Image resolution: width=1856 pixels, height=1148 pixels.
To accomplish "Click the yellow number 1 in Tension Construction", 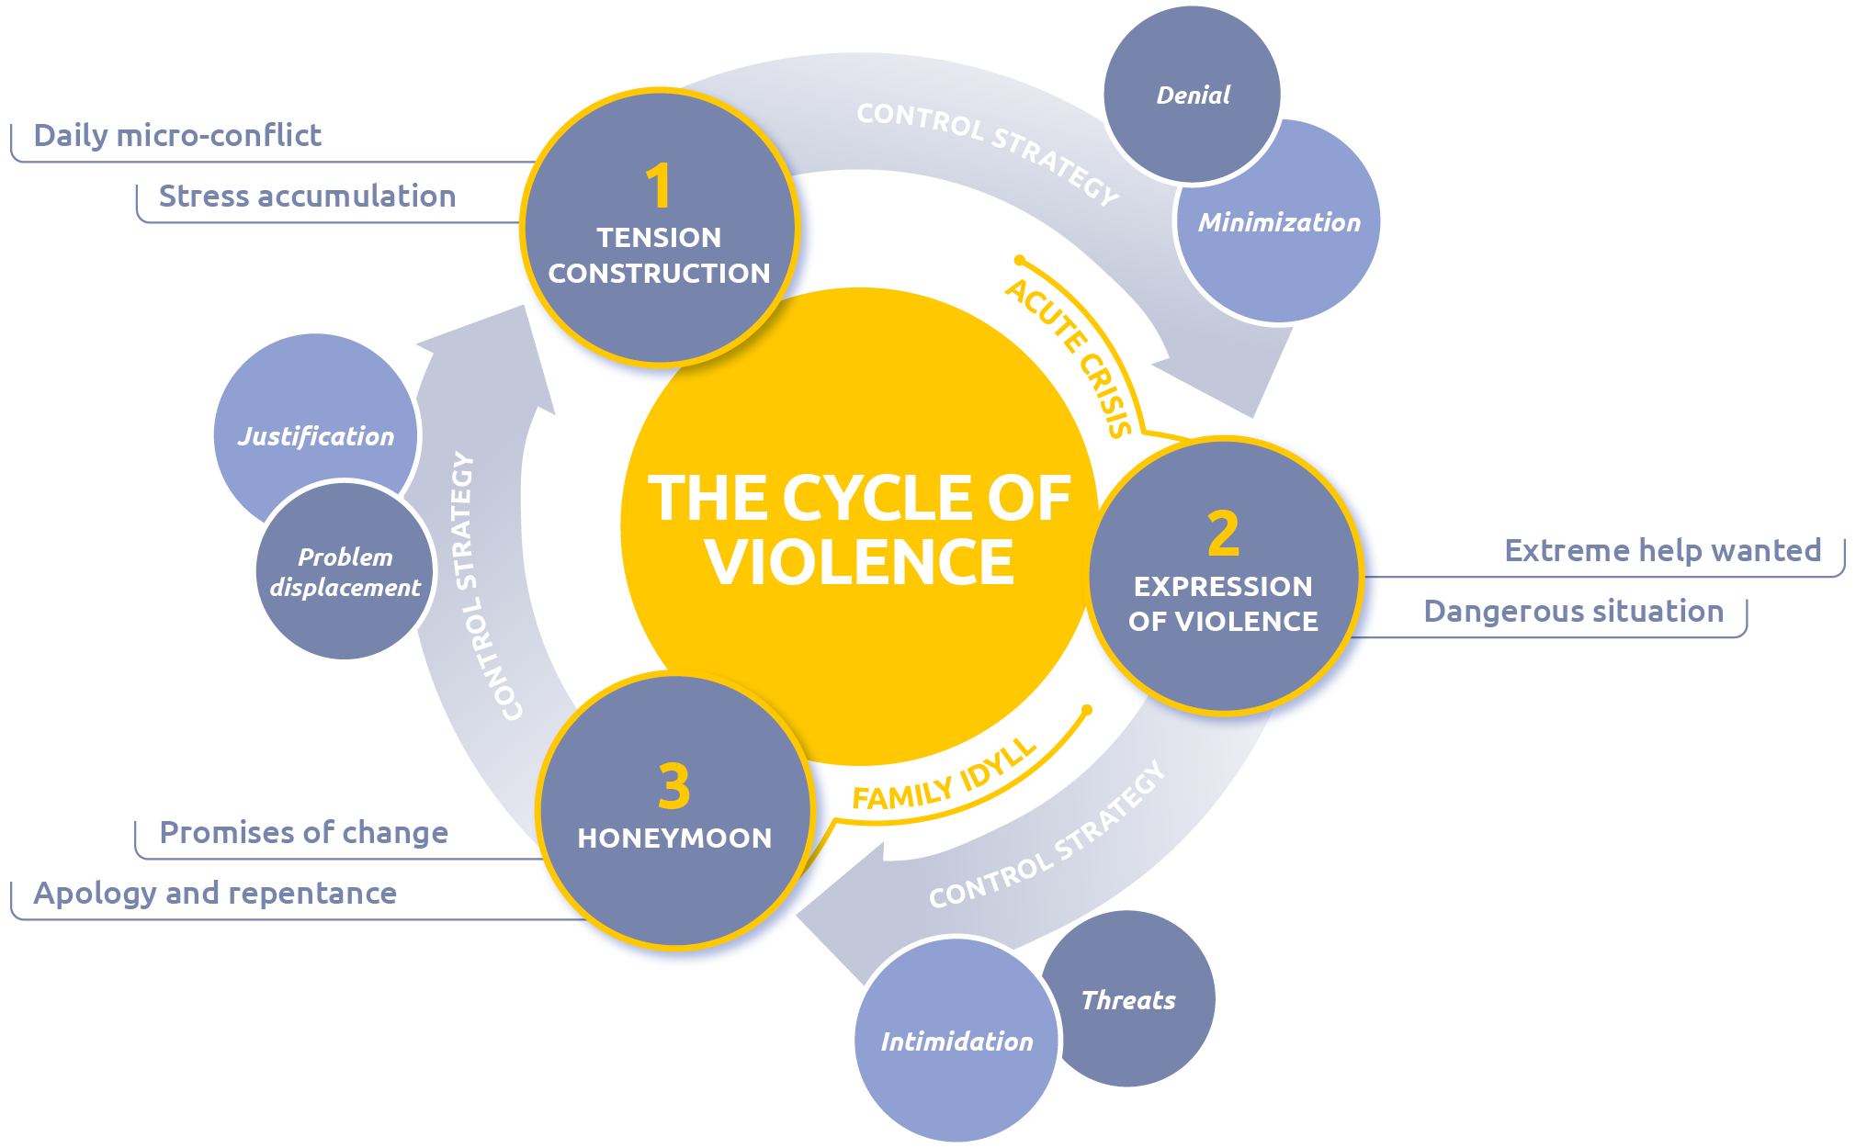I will pos(658,186).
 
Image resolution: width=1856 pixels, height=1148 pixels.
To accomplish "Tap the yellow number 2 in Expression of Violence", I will pos(1223,534).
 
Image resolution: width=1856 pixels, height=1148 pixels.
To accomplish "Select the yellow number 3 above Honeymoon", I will pos(673,787).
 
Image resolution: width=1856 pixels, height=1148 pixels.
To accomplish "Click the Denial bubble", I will pos(1192,96).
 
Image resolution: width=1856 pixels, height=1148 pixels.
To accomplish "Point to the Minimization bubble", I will pos(1279,223).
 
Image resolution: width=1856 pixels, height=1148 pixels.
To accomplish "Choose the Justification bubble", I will pos(315,435).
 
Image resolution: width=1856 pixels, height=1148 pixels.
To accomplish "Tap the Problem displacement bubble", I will pos(345,571).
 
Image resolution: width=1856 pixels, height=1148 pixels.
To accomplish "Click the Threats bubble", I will pos(1128,1000).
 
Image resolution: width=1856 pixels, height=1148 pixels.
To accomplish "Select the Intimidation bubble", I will pos(956,1041).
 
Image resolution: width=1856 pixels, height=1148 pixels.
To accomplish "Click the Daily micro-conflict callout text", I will pos(177,136).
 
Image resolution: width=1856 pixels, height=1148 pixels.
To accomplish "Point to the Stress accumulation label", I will pos(307,197).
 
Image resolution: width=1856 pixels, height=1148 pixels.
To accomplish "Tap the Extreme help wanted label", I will pos(1662,551).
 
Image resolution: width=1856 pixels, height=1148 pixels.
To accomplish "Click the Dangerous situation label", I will pos(1573,612).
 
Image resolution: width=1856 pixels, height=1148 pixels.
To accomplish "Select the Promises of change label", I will pos(303,833).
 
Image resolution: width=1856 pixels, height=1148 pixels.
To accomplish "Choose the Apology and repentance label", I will pos(215,894).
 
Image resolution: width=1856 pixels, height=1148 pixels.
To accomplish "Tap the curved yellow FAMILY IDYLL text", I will pos(946,781).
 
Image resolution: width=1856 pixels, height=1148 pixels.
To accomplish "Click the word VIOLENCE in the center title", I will pos(859,562).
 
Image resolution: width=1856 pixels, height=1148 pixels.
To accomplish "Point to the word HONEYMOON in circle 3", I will pos(674,838).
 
